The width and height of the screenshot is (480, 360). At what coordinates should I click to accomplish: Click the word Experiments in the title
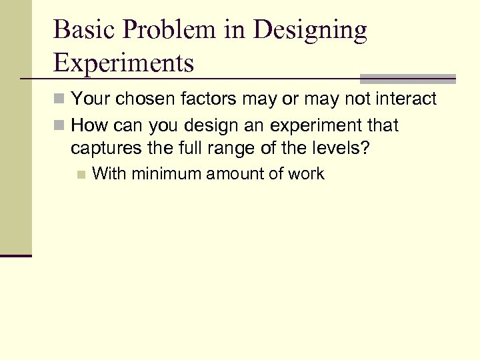click(123, 63)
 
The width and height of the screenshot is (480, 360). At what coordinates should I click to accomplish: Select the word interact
click(405, 100)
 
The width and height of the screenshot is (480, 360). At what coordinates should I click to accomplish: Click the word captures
click(103, 148)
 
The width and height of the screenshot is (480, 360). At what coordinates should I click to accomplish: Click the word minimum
click(167, 175)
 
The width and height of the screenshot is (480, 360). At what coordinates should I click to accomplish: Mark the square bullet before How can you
click(59, 125)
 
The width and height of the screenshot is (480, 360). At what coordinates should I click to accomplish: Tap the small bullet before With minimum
click(81, 175)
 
